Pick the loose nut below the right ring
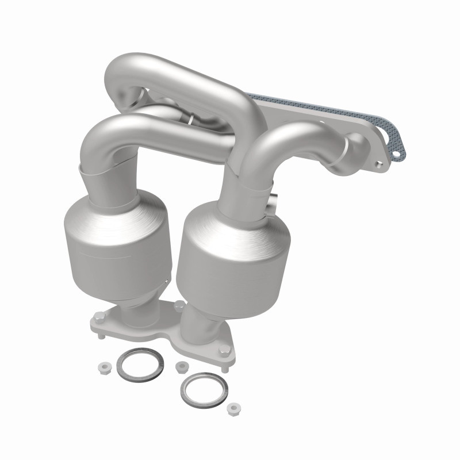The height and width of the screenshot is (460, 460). [233, 409]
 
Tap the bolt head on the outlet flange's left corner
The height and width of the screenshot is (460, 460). [98, 316]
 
